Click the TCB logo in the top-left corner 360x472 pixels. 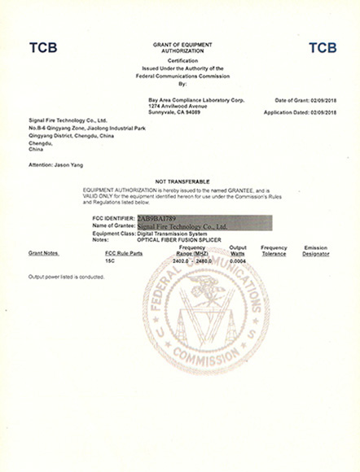(x=43, y=48)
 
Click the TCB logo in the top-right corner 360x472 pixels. (x=323, y=48)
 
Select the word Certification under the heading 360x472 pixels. (x=182, y=60)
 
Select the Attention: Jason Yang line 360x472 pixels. (x=54, y=164)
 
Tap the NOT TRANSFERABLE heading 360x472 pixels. (x=182, y=180)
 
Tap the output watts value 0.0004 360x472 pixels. (x=238, y=261)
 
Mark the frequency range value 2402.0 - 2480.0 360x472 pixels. (x=192, y=261)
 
